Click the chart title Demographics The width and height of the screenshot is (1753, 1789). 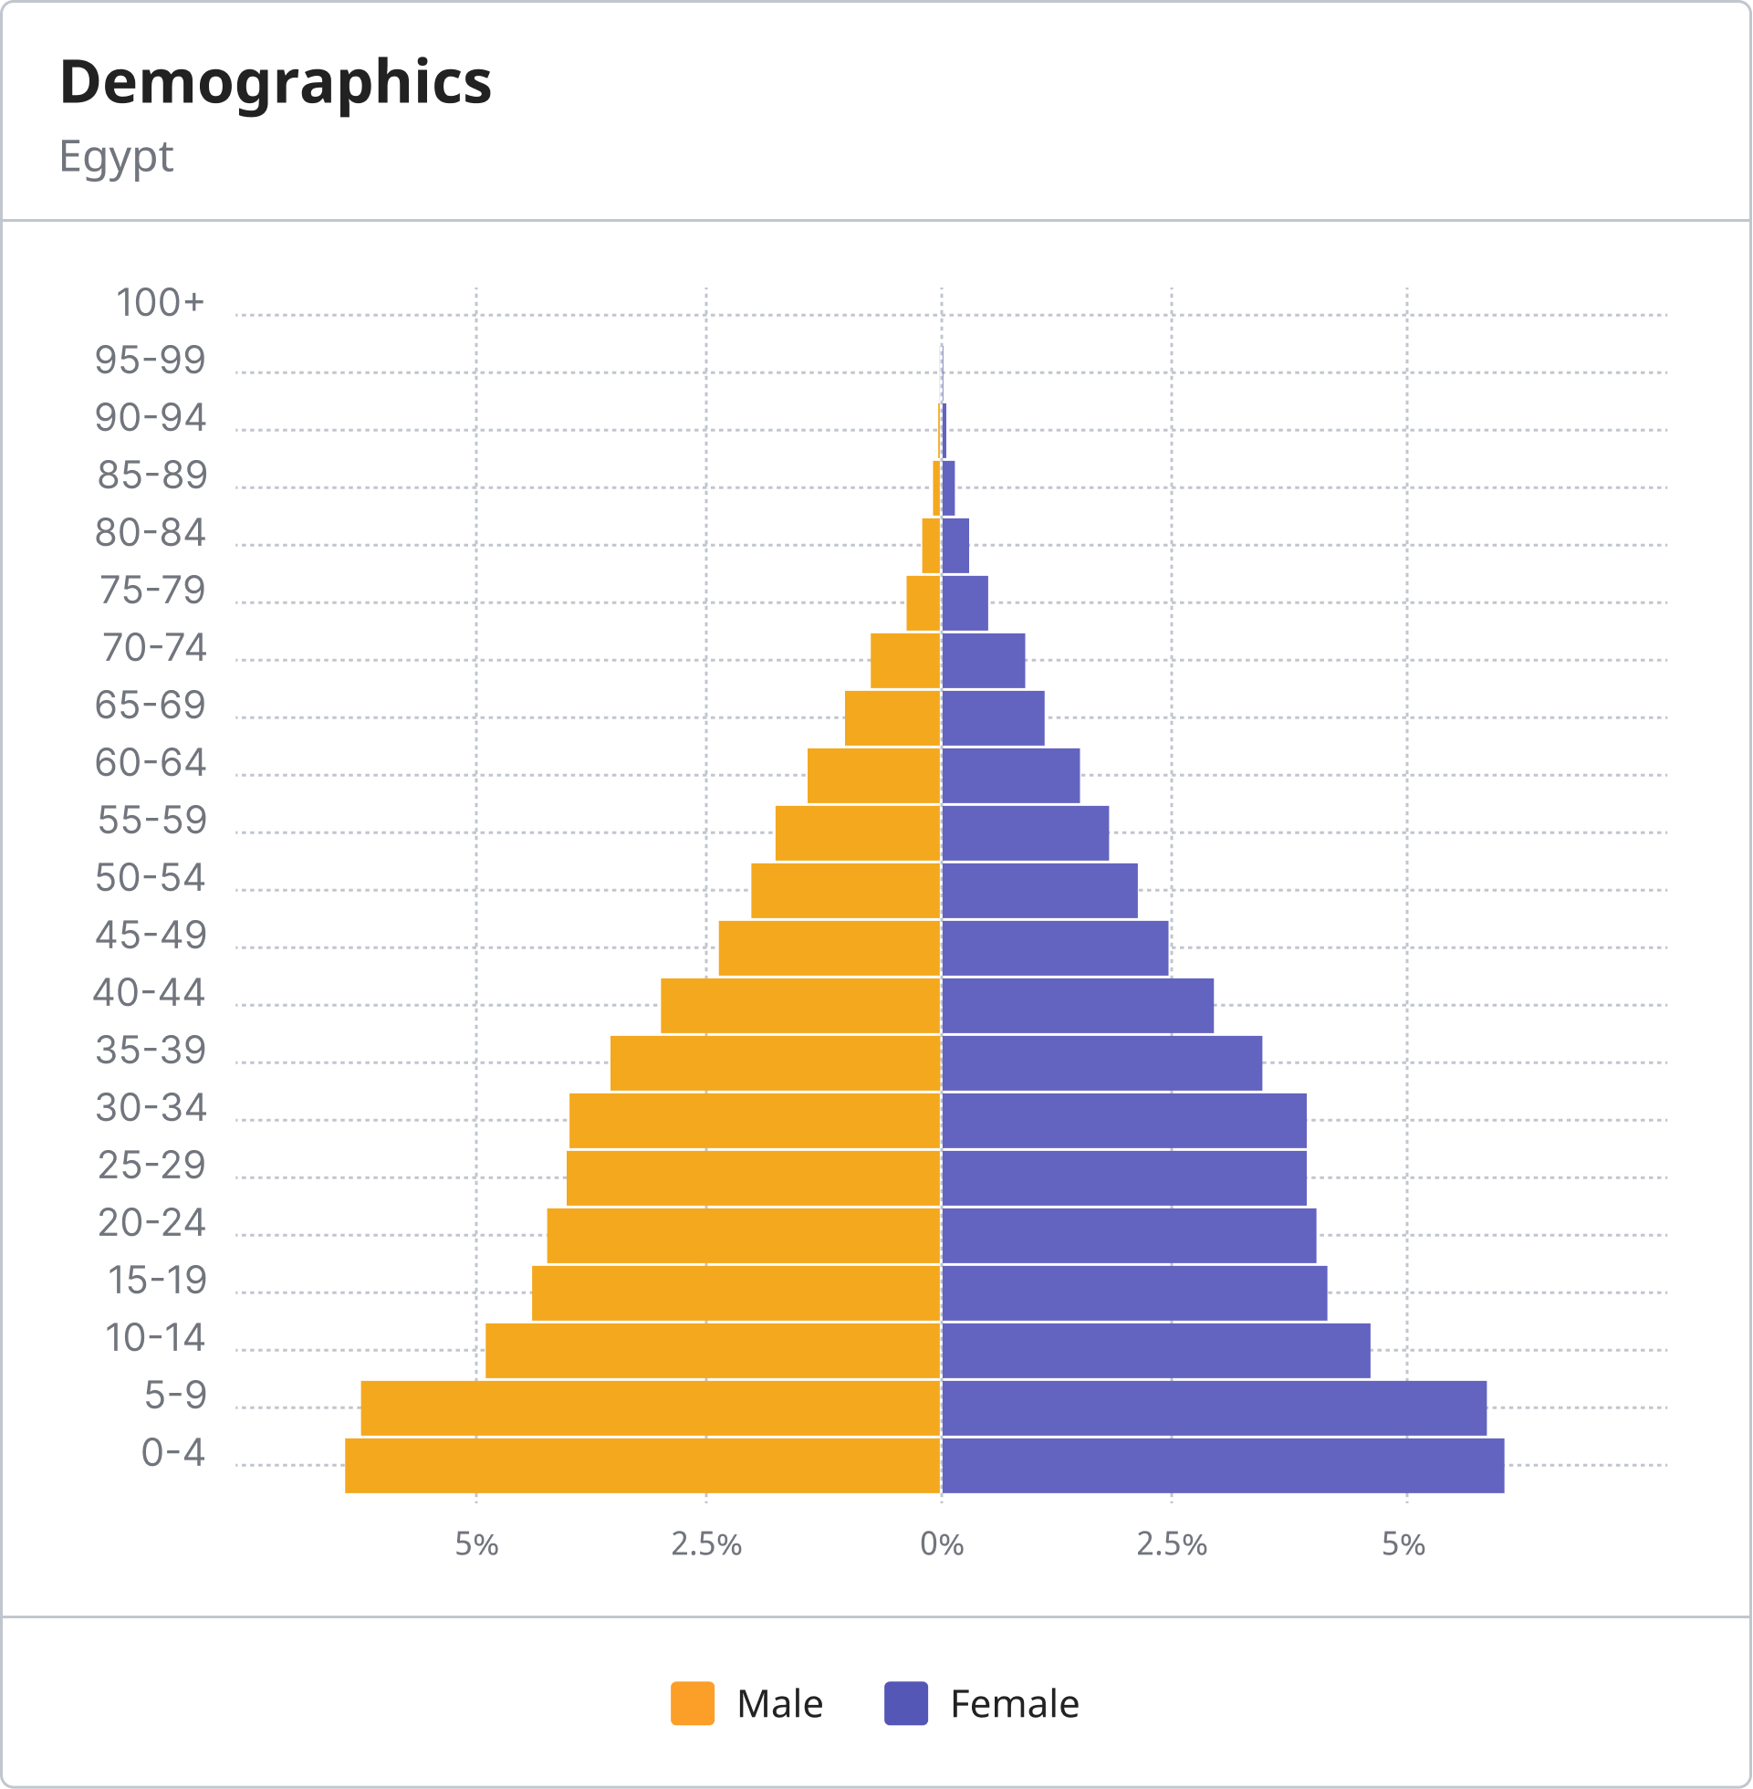[x=276, y=82]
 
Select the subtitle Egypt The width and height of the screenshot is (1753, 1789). [x=116, y=156]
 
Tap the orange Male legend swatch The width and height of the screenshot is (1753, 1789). [x=693, y=1703]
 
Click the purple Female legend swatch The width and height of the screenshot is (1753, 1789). [x=906, y=1703]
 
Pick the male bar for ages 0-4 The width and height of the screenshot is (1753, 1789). [x=642, y=1465]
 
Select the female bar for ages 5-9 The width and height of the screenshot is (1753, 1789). [x=1214, y=1407]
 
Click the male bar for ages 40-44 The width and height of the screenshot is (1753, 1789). [x=801, y=1006]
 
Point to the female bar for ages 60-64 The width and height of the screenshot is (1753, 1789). [x=1011, y=775]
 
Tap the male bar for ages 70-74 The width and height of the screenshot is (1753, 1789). [x=905, y=660]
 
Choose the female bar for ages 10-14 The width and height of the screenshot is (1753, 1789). [x=1155, y=1351]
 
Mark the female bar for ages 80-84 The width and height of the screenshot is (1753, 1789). [x=955, y=545]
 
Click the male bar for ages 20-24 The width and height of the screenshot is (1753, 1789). [x=744, y=1236]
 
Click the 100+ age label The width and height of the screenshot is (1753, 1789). [x=160, y=303]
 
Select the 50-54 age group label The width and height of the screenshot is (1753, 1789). [x=150, y=877]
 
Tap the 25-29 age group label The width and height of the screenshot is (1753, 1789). [x=151, y=1166]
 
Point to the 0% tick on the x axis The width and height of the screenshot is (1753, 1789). [x=942, y=1544]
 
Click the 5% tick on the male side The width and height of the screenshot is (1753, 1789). [x=477, y=1544]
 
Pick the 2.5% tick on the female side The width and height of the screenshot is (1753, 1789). [x=1171, y=1544]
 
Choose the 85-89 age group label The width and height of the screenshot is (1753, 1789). [x=151, y=476]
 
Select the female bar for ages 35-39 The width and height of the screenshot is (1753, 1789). [x=1102, y=1062]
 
